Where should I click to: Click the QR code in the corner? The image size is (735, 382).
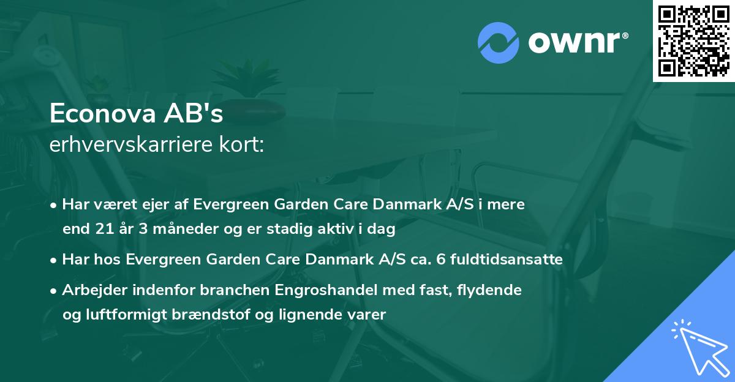point(694,40)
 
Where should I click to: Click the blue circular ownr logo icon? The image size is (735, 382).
point(498,42)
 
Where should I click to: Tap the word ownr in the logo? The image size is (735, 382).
point(577,43)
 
